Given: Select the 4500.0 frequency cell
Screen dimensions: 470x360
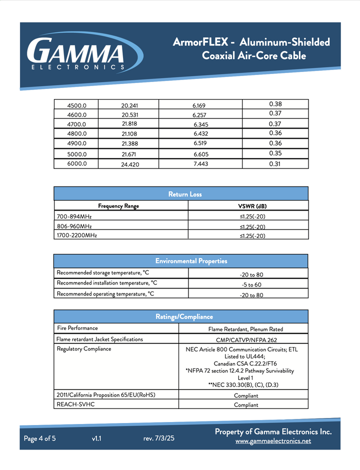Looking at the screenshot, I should [77, 105].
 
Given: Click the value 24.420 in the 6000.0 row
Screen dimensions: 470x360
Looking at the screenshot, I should [129, 164].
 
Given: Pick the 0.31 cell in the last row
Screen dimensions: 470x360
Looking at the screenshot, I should [275, 163].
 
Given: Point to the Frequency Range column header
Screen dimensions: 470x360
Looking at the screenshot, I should [118, 206].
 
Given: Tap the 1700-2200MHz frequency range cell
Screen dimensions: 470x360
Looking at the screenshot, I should [77, 235].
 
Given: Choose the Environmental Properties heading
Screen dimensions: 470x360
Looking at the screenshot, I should [191, 261].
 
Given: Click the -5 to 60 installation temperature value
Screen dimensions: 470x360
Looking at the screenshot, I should [251, 284].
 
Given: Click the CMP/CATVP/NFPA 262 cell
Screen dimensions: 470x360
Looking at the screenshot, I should [245, 340].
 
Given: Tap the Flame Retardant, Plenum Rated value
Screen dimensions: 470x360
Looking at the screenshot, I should [245, 329].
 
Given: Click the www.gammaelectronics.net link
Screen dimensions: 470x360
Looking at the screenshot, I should [273, 441].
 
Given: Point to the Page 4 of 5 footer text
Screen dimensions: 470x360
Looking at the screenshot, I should [40, 438].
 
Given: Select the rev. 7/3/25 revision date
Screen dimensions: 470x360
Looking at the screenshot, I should [159, 438].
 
